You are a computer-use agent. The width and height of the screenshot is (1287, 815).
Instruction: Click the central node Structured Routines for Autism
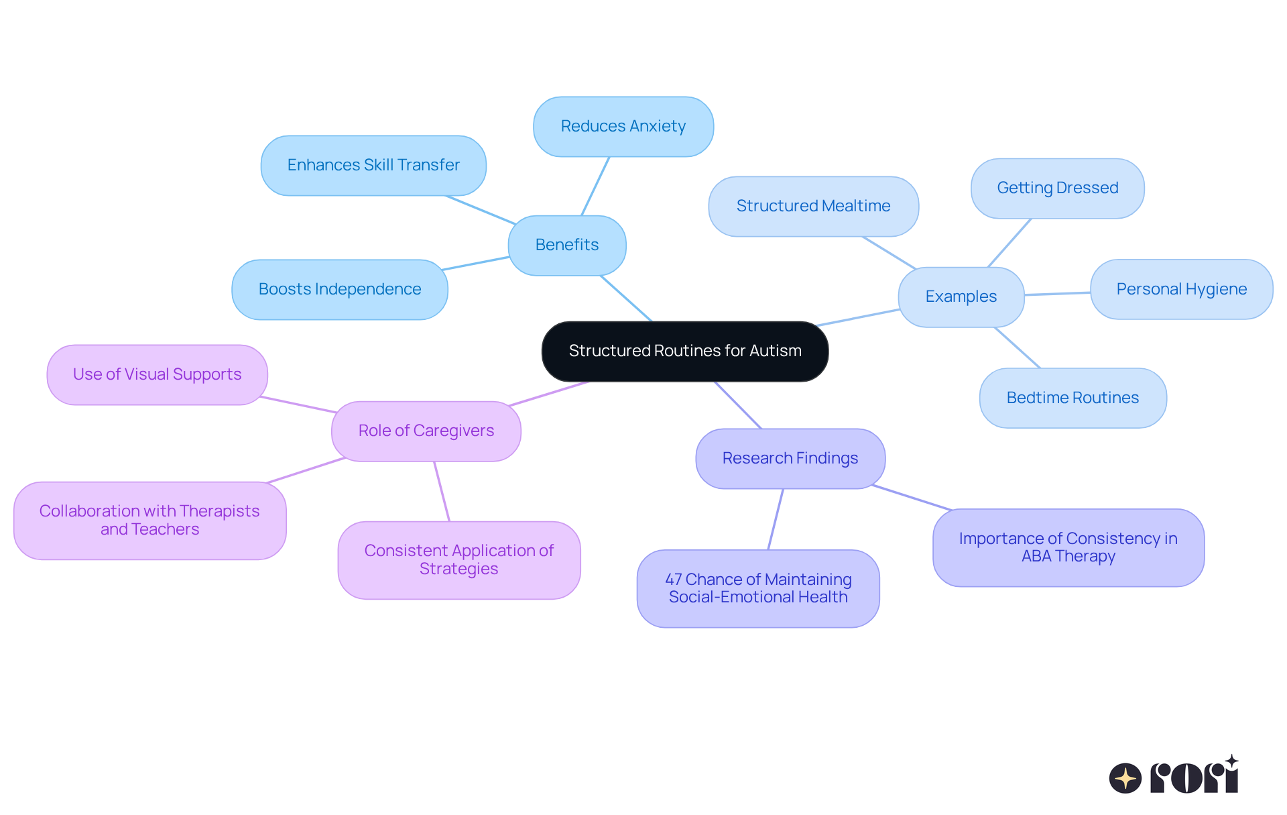(x=684, y=351)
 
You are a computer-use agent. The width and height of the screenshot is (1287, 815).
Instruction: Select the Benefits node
(x=567, y=245)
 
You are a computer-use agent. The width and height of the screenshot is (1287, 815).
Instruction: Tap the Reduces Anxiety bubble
(x=623, y=126)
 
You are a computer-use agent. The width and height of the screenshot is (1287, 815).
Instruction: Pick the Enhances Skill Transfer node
(x=373, y=165)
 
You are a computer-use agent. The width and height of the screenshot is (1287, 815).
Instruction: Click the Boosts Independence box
(x=340, y=289)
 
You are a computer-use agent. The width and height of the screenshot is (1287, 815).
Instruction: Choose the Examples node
(x=961, y=296)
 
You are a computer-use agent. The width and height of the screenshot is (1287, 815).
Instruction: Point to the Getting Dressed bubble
(x=1057, y=188)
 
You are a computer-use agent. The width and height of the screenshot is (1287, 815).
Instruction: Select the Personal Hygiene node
(x=1181, y=289)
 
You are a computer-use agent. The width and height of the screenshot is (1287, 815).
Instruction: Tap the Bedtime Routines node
(x=1072, y=398)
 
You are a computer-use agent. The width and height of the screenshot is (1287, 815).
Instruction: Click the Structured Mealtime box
(x=813, y=206)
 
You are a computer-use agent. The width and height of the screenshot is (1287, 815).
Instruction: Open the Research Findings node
(x=790, y=458)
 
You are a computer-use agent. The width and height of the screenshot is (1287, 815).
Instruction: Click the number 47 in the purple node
(x=673, y=580)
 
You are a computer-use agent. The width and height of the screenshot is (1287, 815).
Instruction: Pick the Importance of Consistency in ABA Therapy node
(x=1068, y=547)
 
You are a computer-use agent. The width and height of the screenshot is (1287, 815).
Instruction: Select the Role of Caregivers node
(x=426, y=431)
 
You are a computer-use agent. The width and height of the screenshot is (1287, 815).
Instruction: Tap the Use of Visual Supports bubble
(x=157, y=374)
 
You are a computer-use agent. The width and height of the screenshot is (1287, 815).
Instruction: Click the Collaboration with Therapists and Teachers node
(x=149, y=520)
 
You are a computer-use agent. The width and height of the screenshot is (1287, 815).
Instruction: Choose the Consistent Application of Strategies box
(x=458, y=559)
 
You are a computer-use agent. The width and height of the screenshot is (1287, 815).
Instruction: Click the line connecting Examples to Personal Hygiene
(x=1057, y=294)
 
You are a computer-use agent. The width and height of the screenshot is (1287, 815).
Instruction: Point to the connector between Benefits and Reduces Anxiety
(x=595, y=186)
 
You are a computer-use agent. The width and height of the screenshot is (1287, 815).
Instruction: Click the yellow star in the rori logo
(x=1125, y=779)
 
